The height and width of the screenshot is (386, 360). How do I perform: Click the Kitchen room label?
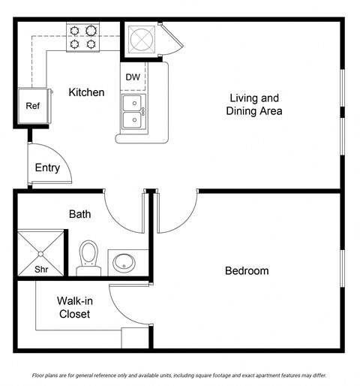(86, 92)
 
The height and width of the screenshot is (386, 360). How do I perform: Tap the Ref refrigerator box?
(32, 106)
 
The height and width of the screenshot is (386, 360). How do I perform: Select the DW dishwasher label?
(132, 77)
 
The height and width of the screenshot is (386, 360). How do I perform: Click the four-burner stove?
(83, 37)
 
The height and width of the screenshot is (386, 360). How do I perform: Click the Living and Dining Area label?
(254, 104)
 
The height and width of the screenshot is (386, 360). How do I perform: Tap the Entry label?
(47, 167)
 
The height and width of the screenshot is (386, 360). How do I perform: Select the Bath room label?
(79, 214)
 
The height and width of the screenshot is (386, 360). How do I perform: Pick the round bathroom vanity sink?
(123, 263)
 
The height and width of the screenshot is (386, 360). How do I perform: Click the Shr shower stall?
(40, 254)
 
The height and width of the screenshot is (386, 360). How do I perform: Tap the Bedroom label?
(247, 270)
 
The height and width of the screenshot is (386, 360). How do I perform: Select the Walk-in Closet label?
(73, 307)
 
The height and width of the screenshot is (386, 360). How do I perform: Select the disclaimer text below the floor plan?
(180, 375)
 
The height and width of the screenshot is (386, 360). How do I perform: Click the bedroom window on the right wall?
(342, 270)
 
